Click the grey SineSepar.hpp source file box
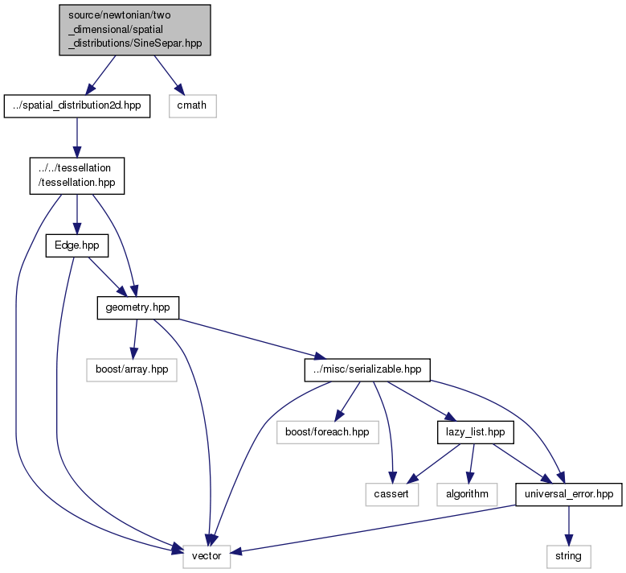(x=135, y=30)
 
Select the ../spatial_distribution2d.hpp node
(x=77, y=106)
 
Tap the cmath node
(x=192, y=106)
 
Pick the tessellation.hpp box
(x=77, y=175)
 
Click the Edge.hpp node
(x=77, y=245)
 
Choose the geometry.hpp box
(x=137, y=307)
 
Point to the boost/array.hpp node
(x=132, y=370)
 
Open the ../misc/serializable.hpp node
(x=367, y=370)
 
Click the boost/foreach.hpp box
(x=327, y=432)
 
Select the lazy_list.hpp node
(x=476, y=432)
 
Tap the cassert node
(x=391, y=495)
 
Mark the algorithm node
(x=467, y=495)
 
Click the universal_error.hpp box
(x=569, y=495)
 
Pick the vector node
(x=207, y=557)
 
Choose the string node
(x=569, y=557)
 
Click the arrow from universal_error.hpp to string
(x=569, y=526)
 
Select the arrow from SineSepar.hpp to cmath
(x=170, y=75)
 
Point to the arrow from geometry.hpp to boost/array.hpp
(x=135, y=339)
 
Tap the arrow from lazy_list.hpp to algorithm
(x=472, y=464)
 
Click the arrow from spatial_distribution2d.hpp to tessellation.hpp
(x=77, y=138)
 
